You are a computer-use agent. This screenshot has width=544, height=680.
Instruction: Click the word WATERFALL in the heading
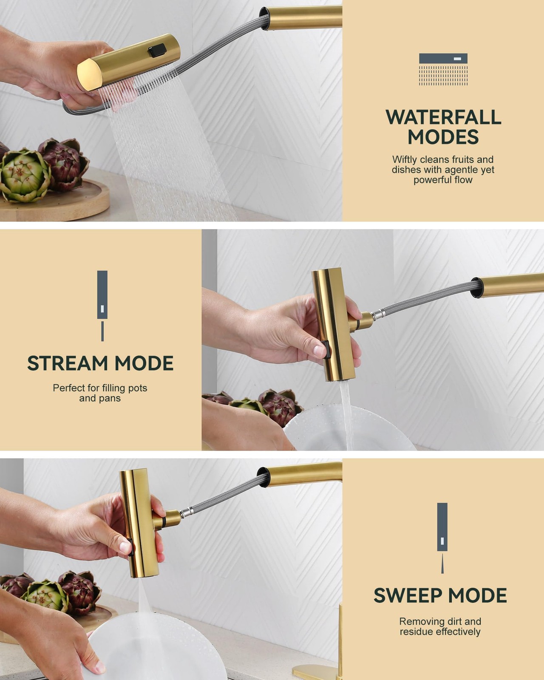(x=443, y=117)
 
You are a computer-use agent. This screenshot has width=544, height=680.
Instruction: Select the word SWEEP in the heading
(x=408, y=595)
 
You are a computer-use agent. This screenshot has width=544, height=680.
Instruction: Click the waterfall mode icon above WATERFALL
(x=443, y=69)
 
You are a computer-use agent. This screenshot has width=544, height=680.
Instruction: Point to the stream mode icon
(x=102, y=306)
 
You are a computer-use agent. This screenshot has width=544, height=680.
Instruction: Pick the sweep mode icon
(x=442, y=538)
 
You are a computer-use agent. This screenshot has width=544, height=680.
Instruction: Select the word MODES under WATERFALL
(x=443, y=137)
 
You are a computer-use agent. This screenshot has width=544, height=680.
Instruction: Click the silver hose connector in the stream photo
(x=378, y=314)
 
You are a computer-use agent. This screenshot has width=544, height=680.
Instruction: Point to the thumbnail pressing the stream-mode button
(x=318, y=350)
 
